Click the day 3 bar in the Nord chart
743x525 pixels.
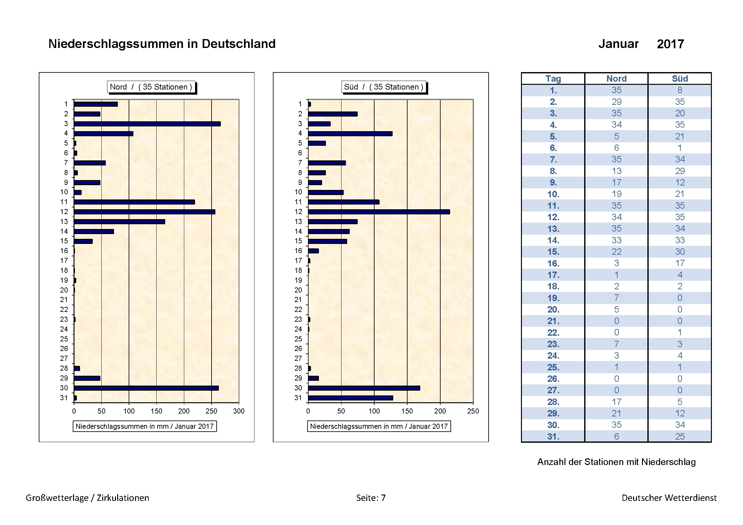click(147, 124)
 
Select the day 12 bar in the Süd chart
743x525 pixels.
click(379, 212)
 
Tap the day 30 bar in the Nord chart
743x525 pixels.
click(146, 388)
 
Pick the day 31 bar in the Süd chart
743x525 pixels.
click(350, 398)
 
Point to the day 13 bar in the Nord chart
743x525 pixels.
click(119, 222)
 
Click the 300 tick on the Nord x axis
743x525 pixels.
click(239, 411)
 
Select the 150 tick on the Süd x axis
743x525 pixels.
click(407, 411)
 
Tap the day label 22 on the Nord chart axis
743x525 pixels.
click(64, 310)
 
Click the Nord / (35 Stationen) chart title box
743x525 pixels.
click(151, 87)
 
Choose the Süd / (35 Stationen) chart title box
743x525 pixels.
click(384, 87)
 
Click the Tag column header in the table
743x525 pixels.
click(553, 78)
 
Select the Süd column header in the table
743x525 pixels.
click(679, 78)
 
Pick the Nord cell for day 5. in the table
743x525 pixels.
click(617, 137)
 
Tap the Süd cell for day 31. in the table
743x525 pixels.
click(679, 436)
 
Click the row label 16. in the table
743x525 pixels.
click(553, 263)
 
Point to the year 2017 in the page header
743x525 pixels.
click(670, 44)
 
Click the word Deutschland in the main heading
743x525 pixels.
click(239, 44)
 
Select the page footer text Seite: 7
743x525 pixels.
click(371, 498)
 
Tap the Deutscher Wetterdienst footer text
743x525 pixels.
click(669, 498)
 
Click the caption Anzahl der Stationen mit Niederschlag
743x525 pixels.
click(616, 462)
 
